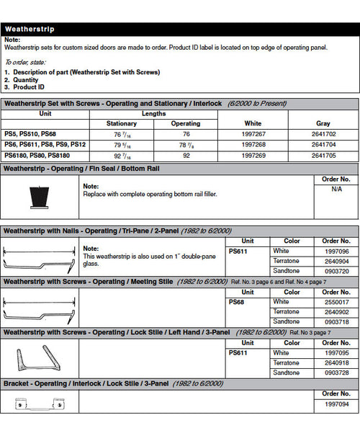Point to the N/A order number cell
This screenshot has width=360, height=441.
(x=336, y=189)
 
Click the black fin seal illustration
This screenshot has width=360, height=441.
(x=39, y=195)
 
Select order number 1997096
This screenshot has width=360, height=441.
(x=336, y=251)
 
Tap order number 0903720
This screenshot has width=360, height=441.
(x=336, y=271)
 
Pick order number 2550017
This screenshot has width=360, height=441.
(x=336, y=302)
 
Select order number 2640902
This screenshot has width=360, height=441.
(x=336, y=312)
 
